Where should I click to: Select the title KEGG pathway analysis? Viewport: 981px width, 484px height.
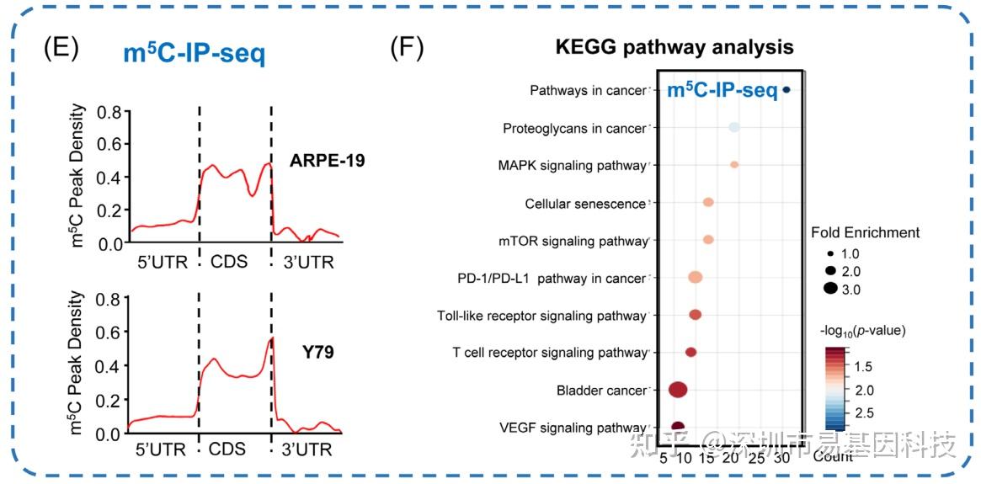pos(674,46)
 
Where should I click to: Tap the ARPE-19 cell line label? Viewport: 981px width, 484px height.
pos(328,160)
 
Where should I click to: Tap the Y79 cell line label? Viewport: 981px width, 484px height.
pos(317,352)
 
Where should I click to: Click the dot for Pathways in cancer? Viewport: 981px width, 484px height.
pos(786,89)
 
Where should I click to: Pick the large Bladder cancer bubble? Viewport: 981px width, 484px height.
pos(678,389)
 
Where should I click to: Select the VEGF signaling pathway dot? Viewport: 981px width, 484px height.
pos(678,427)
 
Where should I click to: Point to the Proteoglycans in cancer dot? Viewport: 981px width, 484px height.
pos(734,127)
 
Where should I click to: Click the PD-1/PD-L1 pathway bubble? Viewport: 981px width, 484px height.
pos(696,277)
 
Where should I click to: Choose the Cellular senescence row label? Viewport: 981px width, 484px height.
pos(584,204)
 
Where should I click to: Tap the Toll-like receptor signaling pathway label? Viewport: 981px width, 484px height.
pos(541,316)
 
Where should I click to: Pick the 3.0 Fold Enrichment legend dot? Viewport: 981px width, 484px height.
pos(830,289)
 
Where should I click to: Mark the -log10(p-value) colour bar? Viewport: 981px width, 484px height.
pos(835,389)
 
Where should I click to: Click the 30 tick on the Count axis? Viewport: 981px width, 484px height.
pos(782,458)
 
